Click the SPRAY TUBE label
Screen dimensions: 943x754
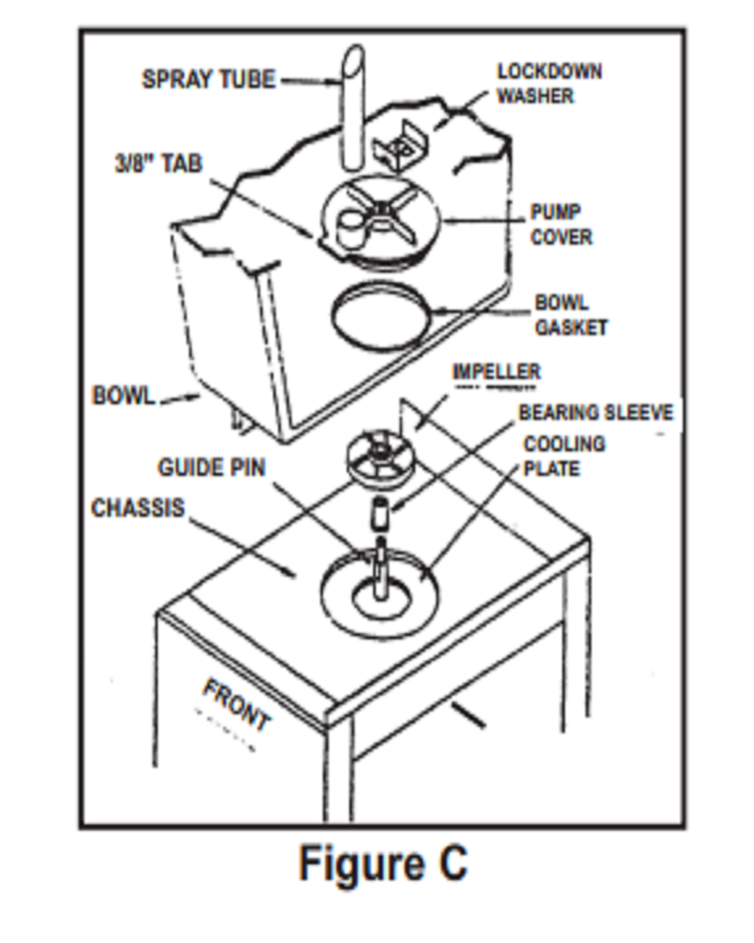(x=209, y=80)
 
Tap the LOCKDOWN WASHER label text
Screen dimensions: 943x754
(x=549, y=83)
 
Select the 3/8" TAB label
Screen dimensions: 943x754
(x=159, y=163)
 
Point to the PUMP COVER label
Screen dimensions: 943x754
(x=560, y=224)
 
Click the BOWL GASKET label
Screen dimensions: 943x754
(x=570, y=315)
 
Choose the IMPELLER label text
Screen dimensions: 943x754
(x=496, y=371)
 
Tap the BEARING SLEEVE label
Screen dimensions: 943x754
(x=595, y=412)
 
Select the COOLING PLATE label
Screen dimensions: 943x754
(x=563, y=456)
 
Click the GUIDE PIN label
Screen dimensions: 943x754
(x=212, y=467)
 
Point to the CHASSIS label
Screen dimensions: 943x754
(x=138, y=507)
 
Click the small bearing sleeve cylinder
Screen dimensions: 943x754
(x=380, y=512)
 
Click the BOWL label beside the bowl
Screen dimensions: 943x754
(x=123, y=396)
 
